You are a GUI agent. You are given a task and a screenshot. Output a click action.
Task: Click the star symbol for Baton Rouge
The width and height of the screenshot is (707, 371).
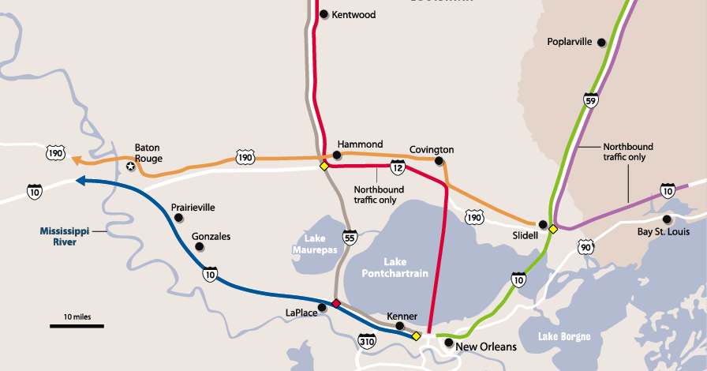point(131,166)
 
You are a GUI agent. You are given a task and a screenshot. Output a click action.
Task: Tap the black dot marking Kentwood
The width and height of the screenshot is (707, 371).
point(324,14)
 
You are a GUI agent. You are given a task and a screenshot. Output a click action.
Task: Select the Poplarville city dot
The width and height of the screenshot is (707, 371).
point(601,43)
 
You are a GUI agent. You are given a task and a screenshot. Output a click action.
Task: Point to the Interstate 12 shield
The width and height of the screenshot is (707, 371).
point(398,167)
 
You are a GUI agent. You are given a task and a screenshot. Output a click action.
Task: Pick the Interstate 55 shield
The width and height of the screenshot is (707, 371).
point(350,237)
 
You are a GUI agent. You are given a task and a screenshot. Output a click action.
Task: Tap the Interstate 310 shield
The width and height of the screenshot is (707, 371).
point(367,342)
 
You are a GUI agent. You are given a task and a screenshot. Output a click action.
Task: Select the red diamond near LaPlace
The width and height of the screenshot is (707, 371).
point(336,304)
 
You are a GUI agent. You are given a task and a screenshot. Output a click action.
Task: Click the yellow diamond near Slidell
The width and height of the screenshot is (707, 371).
point(553,229)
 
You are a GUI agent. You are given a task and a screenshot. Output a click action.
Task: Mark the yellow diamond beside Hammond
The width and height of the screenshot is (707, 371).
point(324,166)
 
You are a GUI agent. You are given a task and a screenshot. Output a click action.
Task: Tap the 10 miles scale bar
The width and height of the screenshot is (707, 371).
point(77,324)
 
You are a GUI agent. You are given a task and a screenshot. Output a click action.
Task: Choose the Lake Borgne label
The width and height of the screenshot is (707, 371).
point(564,337)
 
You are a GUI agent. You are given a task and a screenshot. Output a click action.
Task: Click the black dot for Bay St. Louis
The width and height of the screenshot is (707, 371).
point(667,219)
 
